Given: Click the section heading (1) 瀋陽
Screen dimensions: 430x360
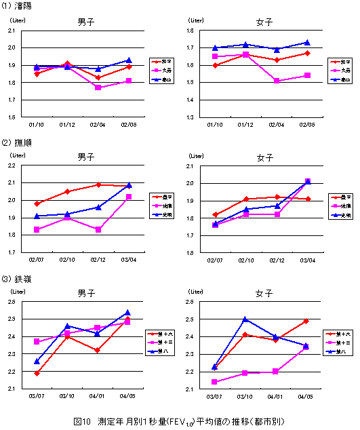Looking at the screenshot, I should click(17, 6).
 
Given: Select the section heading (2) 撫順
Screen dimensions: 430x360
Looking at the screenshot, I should click(17, 143).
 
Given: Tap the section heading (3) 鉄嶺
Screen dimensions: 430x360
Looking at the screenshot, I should click(17, 279).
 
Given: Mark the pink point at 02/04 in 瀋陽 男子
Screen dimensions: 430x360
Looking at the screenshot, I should click(99, 87).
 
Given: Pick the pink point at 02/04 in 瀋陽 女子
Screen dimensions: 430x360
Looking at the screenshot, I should click(277, 81).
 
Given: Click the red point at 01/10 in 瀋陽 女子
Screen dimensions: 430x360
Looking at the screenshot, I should click(216, 65).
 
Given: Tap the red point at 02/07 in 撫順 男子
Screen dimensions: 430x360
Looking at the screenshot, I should click(37, 203).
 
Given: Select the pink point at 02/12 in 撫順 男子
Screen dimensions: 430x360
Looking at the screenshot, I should click(99, 229).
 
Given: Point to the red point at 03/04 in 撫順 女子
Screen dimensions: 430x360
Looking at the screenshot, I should click(307, 199).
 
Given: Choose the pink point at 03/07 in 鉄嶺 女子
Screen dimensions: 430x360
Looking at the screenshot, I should click(216, 382).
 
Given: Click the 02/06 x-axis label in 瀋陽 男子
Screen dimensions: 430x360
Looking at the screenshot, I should click(129, 125).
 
